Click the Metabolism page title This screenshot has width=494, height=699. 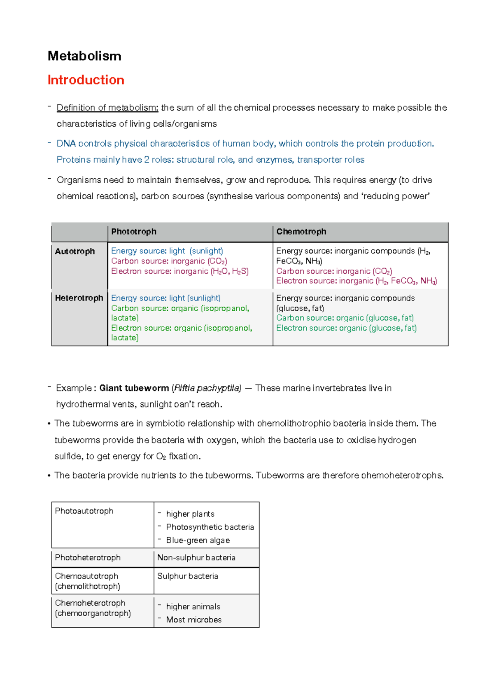84,56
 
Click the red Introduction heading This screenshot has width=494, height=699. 86,80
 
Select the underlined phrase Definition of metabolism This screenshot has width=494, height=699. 107,108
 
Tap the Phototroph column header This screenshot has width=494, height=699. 134,232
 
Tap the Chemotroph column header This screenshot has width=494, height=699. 301,232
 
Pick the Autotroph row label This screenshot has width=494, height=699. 75,251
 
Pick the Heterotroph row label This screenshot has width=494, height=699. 79,298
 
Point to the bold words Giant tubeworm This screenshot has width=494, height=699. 134,388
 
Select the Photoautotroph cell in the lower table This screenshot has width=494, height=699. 84,511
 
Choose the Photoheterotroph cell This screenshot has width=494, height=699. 88,557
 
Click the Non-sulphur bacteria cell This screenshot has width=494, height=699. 196,557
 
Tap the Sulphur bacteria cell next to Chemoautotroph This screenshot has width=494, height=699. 188,576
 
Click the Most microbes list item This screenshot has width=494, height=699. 194,620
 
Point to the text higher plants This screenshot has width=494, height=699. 190,514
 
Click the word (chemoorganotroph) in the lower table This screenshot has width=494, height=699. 93,613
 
